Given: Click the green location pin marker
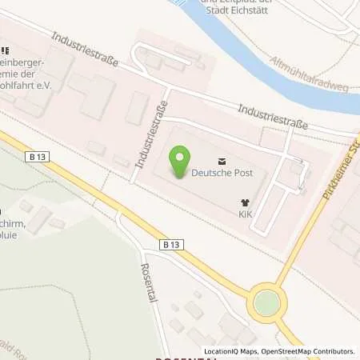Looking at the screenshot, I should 182,162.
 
